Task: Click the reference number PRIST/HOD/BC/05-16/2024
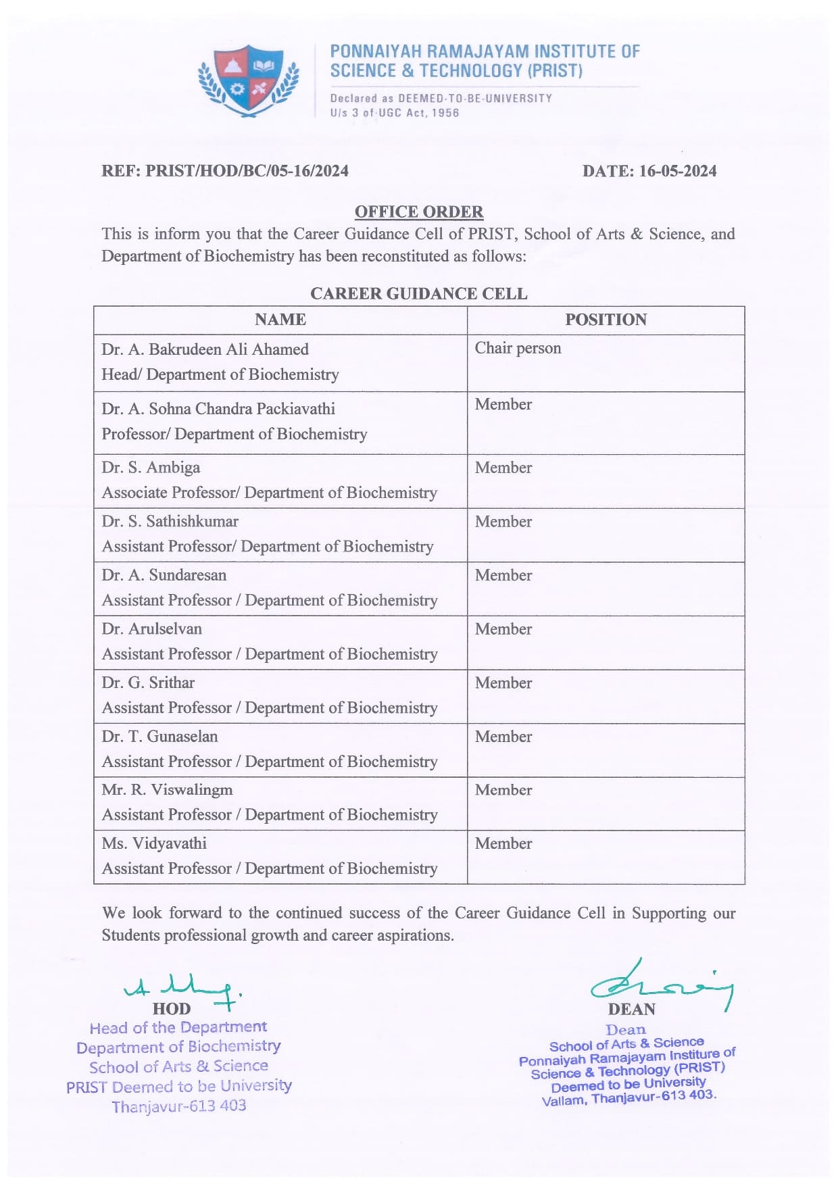247,171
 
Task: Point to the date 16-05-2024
677,171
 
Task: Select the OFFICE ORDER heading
419,212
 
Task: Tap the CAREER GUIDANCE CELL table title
419,294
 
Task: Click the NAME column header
280,320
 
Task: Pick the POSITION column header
606,320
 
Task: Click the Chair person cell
518,349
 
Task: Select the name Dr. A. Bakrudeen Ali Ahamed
205,349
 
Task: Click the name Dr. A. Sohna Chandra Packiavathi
218,409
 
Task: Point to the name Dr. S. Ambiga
151,468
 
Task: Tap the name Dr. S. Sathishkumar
170,522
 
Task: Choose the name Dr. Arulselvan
152,629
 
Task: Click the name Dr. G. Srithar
148,683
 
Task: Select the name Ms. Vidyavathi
154,843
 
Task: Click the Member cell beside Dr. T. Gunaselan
503,737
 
